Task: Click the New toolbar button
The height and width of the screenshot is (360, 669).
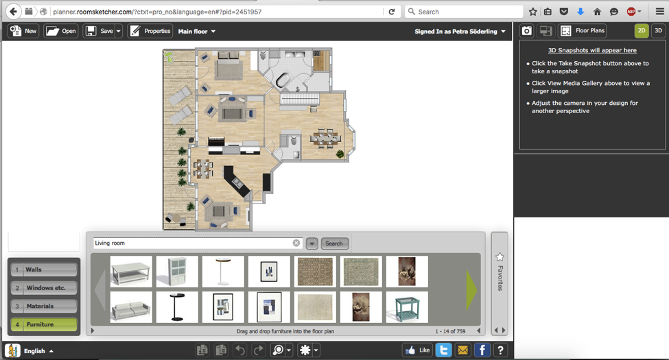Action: (x=23, y=31)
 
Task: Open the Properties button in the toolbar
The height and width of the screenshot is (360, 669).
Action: (x=150, y=31)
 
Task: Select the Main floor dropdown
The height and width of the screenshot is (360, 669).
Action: (x=197, y=31)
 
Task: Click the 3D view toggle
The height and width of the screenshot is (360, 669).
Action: (x=658, y=31)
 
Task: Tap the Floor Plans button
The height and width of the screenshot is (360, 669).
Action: (x=583, y=31)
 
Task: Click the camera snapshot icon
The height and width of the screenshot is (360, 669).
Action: (x=527, y=31)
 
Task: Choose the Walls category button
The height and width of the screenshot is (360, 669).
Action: (x=44, y=269)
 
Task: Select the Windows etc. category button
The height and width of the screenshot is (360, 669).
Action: (x=44, y=288)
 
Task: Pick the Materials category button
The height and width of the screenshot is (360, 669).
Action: (x=44, y=307)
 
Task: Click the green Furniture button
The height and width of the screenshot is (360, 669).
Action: (x=44, y=324)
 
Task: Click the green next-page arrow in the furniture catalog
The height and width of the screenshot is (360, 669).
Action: (x=471, y=289)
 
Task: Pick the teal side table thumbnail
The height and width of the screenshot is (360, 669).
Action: (x=407, y=307)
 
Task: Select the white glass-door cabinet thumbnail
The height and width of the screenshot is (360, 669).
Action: (x=177, y=272)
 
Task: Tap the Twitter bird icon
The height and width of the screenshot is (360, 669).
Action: (x=444, y=350)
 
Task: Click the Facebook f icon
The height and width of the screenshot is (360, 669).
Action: (x=482, y=350)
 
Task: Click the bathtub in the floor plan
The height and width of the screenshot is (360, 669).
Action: (x=283, y=80)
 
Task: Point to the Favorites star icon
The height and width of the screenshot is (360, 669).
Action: (x=500, y=256)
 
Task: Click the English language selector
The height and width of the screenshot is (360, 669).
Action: (x=30, y=350)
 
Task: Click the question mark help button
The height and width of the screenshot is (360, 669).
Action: (x=500, y=350)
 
